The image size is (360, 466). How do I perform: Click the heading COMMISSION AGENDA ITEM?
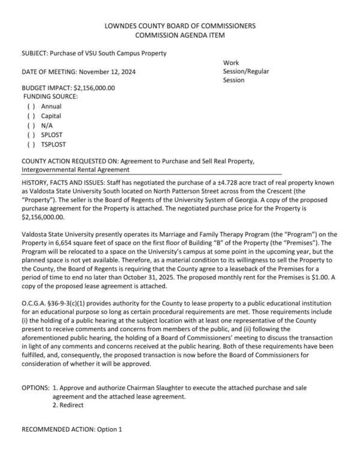click(180, 35)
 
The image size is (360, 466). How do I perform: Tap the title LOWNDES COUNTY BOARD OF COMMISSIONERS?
click(180, 26)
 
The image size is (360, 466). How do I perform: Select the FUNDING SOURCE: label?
click(50, 96)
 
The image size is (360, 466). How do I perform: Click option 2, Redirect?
click(67, 405)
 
